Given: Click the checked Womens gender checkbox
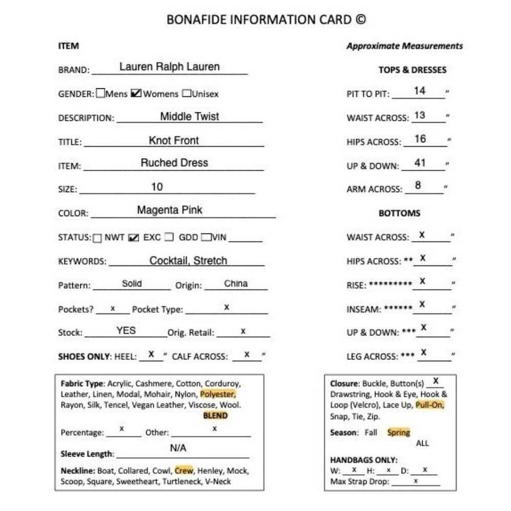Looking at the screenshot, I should coord(136,94).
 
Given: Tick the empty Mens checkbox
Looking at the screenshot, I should coord(101,94).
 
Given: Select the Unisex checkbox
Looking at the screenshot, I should coord(187,94).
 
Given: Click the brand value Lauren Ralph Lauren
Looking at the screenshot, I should coord(169,67).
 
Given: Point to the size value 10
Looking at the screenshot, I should coord(157,187).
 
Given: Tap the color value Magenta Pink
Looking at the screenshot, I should coord(170,210).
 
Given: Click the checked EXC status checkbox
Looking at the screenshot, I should coord(134,238).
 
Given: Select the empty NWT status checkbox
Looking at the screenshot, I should coord(97,238).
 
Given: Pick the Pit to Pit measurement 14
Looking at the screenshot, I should coord(420,91).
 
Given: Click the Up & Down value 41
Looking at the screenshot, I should coord(420,164).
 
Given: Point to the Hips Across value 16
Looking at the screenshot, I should coord(420,139).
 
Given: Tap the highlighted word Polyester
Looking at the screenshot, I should coord(218,394).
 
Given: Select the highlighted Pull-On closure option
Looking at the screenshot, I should coord(430,405).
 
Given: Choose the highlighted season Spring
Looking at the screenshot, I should coord(399,432).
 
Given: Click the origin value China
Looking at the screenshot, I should coord(236,284).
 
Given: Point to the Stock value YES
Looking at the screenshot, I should coord(126,331).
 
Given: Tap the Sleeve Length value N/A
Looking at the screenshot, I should coord(178,448).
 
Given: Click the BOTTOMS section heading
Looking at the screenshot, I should coord(399,213).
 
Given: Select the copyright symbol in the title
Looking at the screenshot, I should coord(360,20).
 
